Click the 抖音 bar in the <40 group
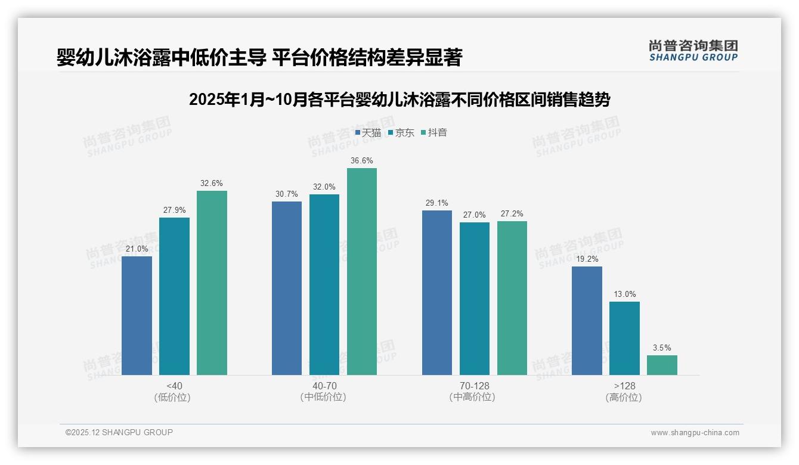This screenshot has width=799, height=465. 212,283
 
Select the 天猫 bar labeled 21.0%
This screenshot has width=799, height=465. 137,315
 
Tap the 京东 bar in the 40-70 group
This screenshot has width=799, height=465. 324,284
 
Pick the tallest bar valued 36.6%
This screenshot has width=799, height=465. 362,271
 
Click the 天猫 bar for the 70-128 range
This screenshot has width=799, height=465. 436,292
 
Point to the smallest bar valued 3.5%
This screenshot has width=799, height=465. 662,365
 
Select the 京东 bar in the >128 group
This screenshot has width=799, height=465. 624,338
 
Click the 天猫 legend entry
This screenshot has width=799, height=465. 368,132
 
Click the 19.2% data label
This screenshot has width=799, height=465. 587,259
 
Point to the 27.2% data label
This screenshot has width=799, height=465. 512,213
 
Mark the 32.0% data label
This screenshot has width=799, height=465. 324,187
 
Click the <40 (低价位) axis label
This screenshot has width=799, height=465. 174,391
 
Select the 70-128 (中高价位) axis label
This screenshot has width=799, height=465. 474,391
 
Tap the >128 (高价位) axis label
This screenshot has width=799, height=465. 624,391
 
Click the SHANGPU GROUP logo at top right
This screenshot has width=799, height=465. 693,50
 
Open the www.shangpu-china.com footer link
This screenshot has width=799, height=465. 695,433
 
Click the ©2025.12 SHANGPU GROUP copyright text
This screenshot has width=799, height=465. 119,432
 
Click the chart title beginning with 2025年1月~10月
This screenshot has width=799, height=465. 399,100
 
